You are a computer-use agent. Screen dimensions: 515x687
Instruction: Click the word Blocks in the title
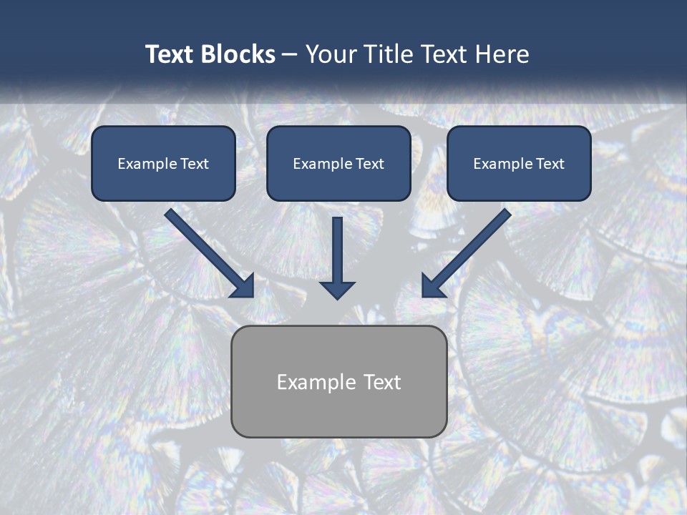coord(238,54)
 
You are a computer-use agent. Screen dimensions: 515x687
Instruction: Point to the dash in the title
coord(290,55)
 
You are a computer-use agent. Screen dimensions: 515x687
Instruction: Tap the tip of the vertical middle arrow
coord(337,298)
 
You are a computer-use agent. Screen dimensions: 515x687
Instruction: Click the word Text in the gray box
coord(381,382)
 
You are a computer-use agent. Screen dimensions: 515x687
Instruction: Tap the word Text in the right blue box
coord(550,164)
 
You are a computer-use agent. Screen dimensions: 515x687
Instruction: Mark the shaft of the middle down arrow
coord(337,247)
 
